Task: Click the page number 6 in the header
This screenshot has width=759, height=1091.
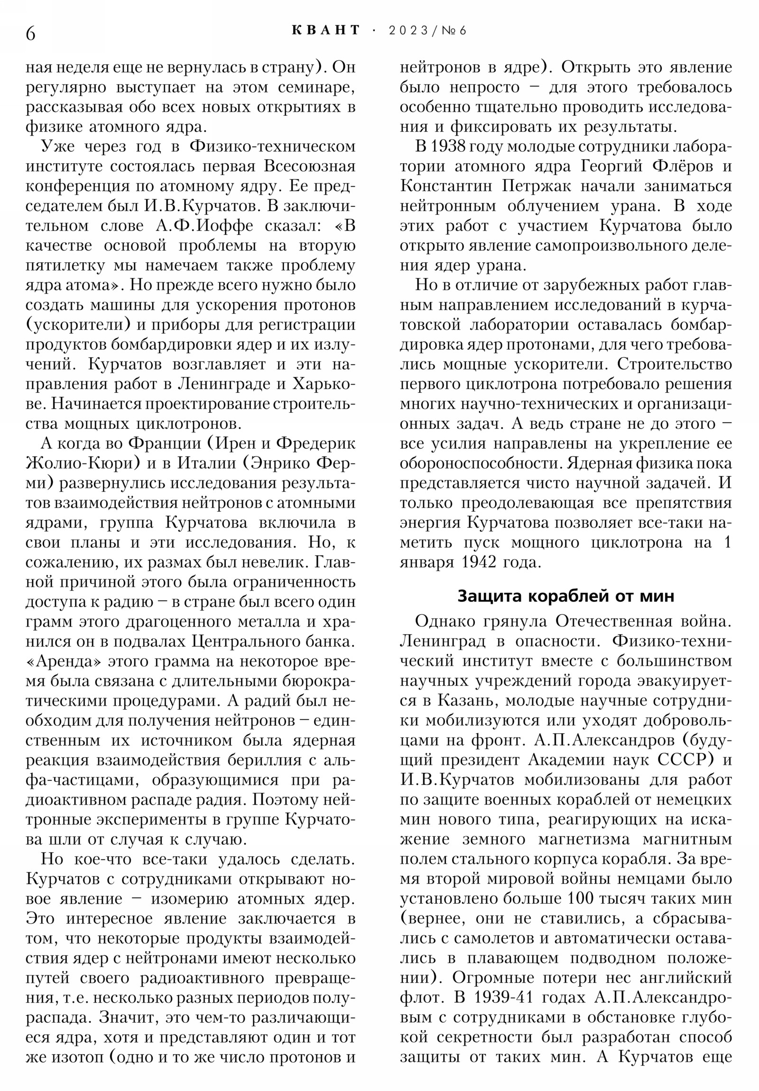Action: point(30,33)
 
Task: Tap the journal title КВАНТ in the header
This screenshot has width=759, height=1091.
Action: point(325,30)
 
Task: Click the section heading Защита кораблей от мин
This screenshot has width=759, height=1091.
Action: point(565,596)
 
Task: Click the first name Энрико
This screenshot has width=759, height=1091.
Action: point(277,463)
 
